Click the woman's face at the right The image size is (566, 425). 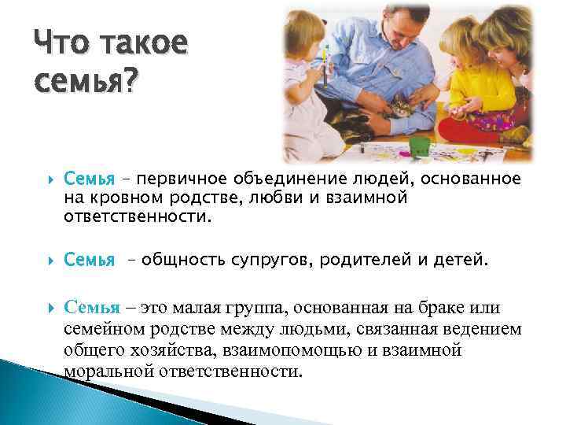(x=504, y=39)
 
